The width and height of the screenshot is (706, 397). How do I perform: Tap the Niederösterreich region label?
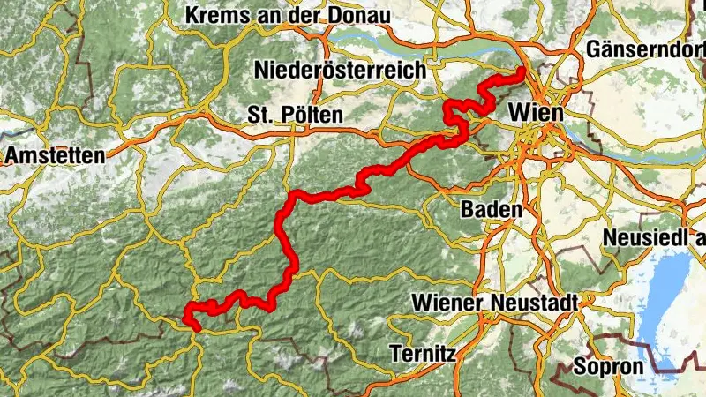(x=339, y=69)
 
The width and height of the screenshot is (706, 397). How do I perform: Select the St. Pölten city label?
(x=295, y=115)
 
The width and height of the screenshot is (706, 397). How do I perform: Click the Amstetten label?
(x=54, y=155)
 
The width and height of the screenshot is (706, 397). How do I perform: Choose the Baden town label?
(x=491, y=210)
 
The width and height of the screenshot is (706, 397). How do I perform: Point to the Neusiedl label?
(x=654, y=238)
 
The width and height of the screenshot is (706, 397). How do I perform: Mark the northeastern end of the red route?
(x=522, y=70)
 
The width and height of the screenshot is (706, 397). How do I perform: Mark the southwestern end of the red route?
(x=195, y=328)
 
